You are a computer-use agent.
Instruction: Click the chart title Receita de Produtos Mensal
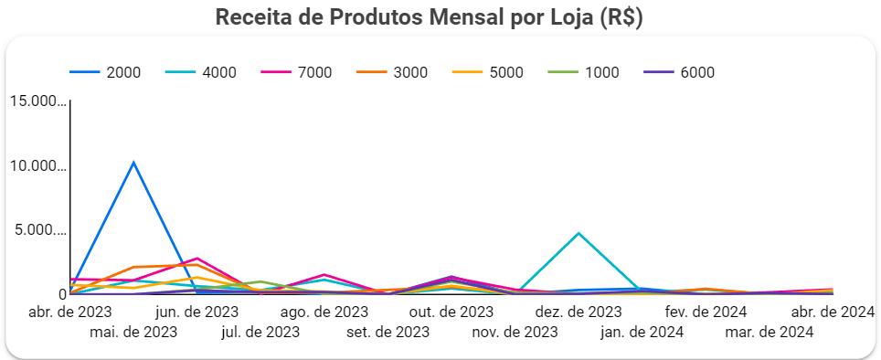pos(429,17)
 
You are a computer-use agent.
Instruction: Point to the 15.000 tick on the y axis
pos(37,101)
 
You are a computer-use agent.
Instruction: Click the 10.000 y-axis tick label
pos(37,166)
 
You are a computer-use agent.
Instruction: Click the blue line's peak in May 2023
pos(133,163)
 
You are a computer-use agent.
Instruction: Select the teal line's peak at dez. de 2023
pos(578,233)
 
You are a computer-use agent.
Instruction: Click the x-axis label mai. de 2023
pos(133,332)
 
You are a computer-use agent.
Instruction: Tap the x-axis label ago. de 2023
pos(324,312)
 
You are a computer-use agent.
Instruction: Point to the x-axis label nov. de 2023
pos(515,332)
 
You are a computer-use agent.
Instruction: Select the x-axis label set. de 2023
pos(388,332)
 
